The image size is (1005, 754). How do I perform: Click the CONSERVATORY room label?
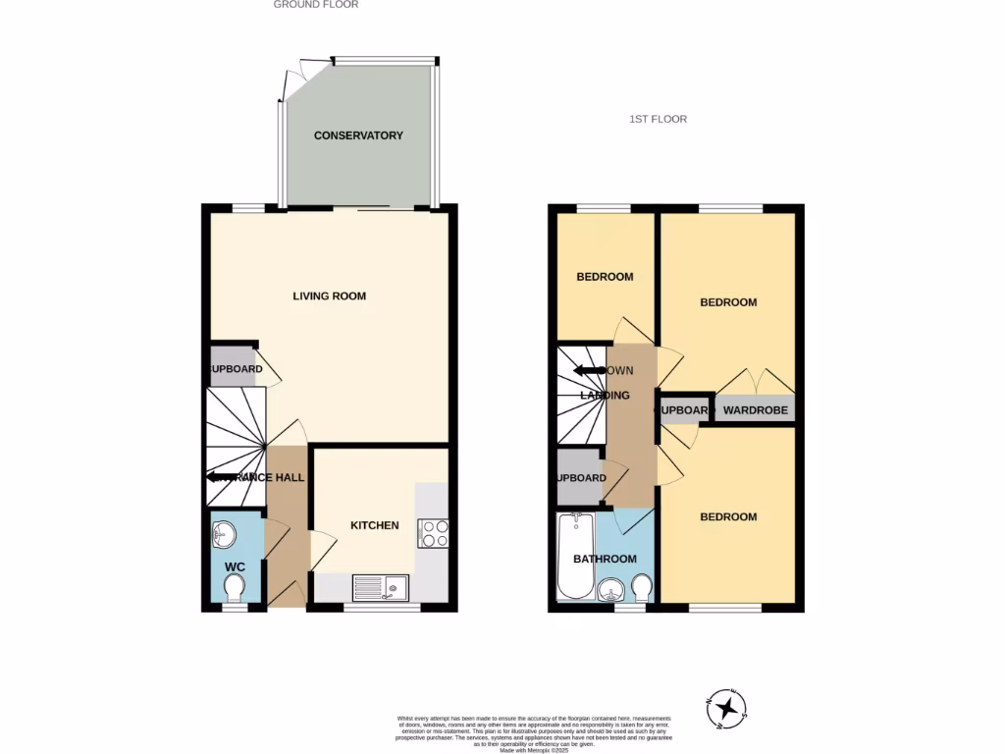click(358, 135)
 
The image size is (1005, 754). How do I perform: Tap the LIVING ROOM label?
click(330, 296)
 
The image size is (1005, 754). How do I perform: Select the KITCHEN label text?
click(375, 525)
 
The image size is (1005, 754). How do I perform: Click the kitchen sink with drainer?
click(381, 588)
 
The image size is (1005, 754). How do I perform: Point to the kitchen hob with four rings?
click(434, 533)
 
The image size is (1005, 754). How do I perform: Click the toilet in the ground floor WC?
click(235, 588)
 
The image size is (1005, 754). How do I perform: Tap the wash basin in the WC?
click(224, 535)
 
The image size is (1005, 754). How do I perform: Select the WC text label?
click(235, 567)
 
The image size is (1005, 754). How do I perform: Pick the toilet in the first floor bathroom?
click(642, 588)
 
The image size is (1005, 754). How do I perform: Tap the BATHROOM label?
click(605, 559)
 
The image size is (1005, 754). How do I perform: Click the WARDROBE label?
click(756, 409)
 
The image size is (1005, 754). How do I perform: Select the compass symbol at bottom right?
click(727, 707)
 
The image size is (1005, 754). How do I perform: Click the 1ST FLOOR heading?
click(658, 119)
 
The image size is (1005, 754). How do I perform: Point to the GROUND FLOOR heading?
click(315, 5)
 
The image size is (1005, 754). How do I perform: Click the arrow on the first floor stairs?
click(587, 371)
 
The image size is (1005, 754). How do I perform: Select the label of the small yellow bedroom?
click(604, 277)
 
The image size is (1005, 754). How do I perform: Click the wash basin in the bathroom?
click(610, 590)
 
